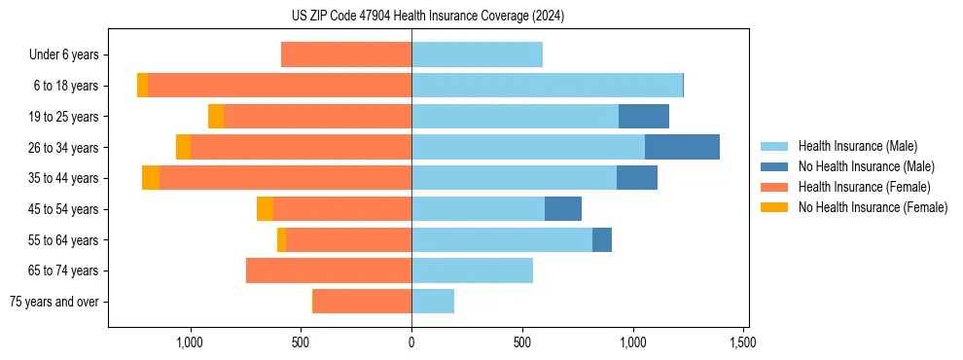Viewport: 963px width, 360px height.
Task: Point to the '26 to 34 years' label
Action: (63, 148)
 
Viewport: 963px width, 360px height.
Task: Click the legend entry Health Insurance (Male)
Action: (856, 146)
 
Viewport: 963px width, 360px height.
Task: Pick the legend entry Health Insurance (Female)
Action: (864, 187)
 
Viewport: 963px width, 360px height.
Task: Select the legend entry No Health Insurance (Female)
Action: (873, 207)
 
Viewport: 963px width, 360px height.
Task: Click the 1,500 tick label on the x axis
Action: (743, 343)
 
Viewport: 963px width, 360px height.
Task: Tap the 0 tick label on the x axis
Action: (411, 343)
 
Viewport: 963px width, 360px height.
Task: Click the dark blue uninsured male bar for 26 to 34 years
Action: (682, 147)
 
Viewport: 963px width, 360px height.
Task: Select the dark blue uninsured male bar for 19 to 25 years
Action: (644, 116)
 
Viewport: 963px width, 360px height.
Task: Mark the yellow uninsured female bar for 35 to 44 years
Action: (151, 178)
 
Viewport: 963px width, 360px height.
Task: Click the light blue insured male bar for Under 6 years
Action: (477, 54)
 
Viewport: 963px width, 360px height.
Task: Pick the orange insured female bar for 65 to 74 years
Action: (329, 270)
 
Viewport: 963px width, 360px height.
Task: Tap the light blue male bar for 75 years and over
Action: (433, 302)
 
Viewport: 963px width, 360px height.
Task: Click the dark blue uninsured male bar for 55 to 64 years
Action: (602, 239)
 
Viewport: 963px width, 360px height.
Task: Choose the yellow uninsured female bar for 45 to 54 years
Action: (265, 208)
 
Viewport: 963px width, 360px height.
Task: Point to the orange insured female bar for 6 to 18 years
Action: (280, 86)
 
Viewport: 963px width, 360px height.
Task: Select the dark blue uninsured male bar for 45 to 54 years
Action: (563, 208)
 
